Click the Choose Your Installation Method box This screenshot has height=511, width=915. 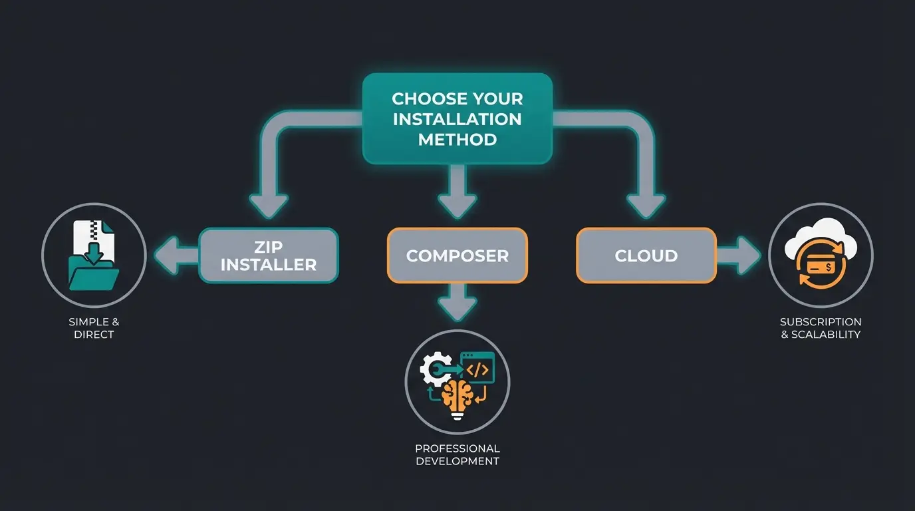pos(457,118)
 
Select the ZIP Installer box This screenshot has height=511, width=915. pos(269,256)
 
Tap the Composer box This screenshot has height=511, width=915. pos(457,255)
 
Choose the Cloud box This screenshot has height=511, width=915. pos(646,255)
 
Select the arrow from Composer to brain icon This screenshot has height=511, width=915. pos(457,303)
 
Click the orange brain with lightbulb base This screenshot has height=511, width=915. pos(457,398)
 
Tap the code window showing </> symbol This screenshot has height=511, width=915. pos(477,368)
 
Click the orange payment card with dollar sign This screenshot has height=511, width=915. pos(821,266)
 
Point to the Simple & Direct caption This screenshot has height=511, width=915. pos(94,328)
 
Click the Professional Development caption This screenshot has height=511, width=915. pos(457,454)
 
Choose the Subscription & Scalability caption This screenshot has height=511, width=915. pos(821,328)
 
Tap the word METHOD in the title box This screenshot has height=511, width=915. pos(457,140)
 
